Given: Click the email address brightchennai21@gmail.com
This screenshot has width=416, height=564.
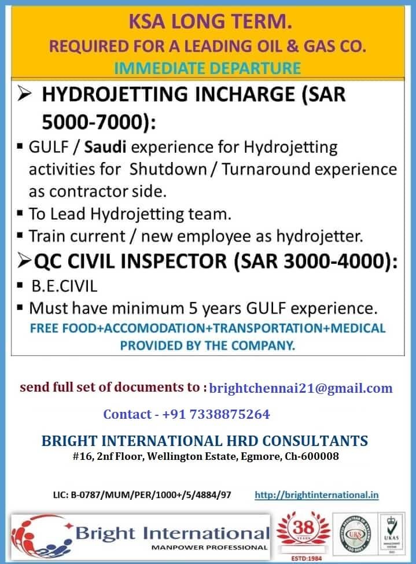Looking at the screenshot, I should click(301, 388).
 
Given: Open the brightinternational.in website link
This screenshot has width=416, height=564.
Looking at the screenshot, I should click(316, 495).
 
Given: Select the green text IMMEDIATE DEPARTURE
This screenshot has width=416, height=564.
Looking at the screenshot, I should click(208, 68).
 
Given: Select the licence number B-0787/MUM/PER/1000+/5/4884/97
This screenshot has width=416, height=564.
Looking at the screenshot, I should click(142, 495).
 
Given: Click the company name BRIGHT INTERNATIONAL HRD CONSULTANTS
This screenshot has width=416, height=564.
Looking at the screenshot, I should click(205, 441).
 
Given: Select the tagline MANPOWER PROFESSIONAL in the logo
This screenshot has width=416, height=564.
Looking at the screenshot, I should click(209, 547).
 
